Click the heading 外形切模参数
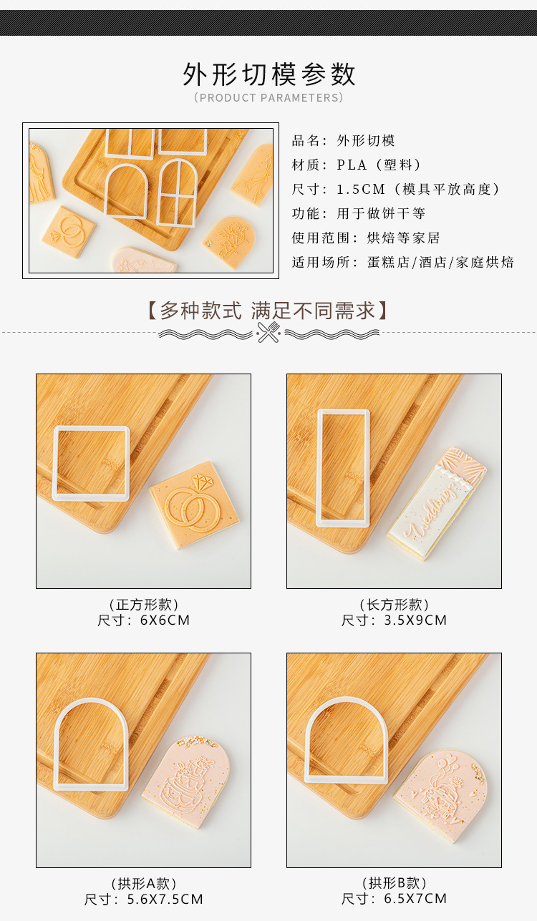(x=268, y=74)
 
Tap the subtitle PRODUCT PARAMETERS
(x=268, y=97)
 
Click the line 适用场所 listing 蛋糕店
(x=402, y=262)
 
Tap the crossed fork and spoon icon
(x=268, y=332)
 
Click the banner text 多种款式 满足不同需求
(x=268, y=310)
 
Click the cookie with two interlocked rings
(x=193, y=505)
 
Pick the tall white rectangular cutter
(x=343, y=467)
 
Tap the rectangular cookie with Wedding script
(x=437, y=503)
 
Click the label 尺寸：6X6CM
(x=144, y=620)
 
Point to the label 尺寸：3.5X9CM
(x=394, y=620)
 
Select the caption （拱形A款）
(x=144, y=884)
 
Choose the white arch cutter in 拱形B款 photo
(x=347, y=741)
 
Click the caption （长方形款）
(x=395, y=605)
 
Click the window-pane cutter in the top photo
(x=177, y=192)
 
